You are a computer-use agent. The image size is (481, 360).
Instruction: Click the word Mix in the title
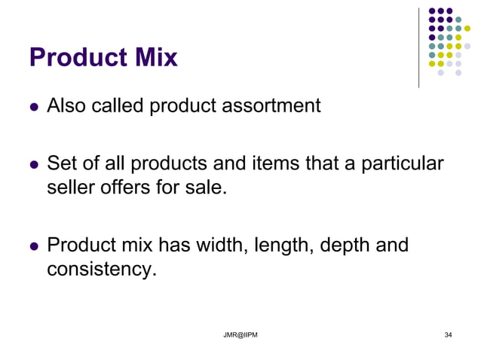[155, 57]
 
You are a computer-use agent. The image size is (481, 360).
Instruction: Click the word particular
[403, 163]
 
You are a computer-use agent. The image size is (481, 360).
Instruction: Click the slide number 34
[449, 334]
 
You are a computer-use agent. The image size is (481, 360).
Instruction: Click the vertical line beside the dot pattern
[418, 47]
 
